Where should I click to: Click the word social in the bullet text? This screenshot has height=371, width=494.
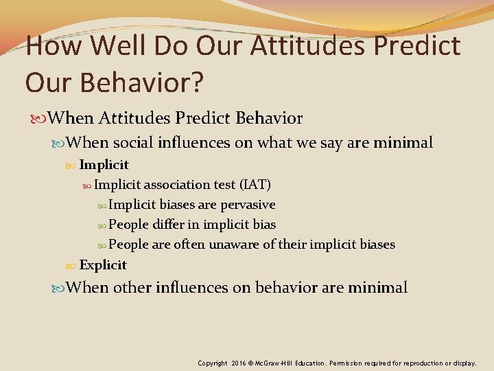(x=133, y=143)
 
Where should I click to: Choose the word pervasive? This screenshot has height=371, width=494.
(x=248, y=204)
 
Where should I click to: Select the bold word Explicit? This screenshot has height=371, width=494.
(x=103, y=265)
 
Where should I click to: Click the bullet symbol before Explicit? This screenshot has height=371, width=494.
(x=73, y=265)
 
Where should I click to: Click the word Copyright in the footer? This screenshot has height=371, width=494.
(x=213, y=362)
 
